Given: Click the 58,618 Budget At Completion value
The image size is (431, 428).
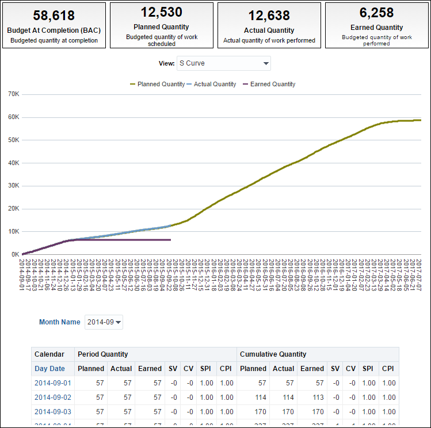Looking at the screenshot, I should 54,16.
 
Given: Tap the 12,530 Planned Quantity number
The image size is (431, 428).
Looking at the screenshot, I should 161,12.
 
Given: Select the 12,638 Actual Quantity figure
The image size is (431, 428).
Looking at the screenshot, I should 269,16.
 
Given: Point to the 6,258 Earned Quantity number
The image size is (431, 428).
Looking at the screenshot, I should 376,13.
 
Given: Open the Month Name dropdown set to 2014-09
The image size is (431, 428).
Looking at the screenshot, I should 104,322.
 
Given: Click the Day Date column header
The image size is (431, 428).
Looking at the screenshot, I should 49,369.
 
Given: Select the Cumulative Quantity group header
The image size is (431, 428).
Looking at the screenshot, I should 273,354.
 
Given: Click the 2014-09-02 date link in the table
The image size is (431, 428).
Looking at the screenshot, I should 52,398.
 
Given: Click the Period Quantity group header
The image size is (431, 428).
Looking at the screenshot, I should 102,354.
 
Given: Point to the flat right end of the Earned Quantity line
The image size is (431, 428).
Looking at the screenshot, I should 170,239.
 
